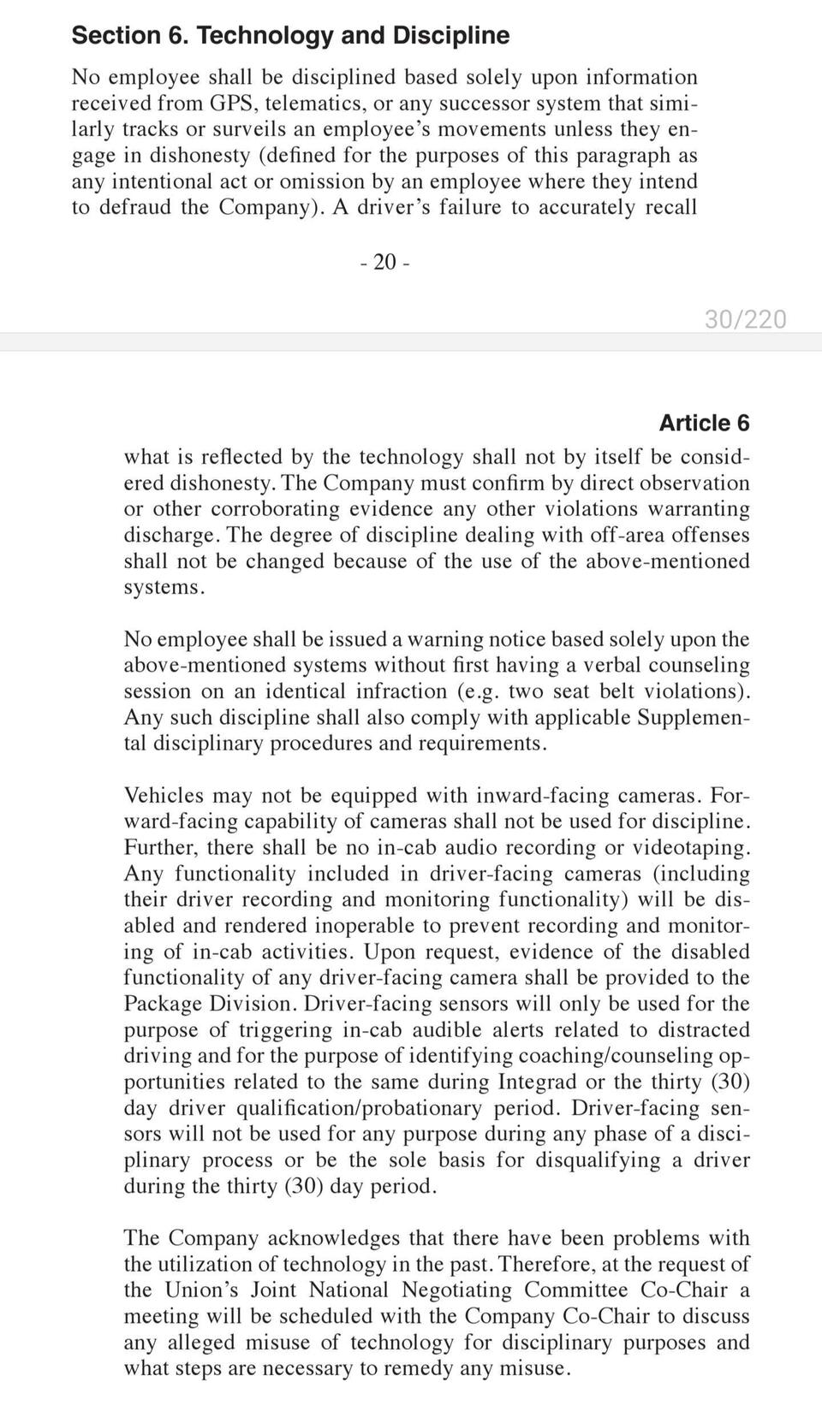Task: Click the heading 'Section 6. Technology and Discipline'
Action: click(x=290, y=35)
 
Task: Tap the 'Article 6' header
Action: click(x=704, y=423)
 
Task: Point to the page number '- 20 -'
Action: click(x=384, y=262)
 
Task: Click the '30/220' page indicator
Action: click(x=745, y=319)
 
